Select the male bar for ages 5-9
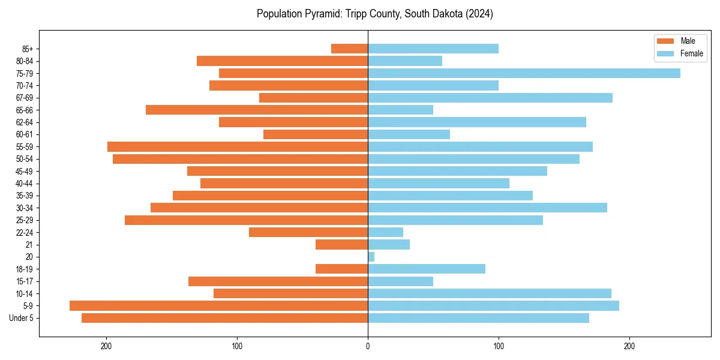[x=218, y=305]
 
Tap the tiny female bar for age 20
[x=371, y=257]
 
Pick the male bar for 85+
[x=349, y=49]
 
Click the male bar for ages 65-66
[x=257, y=110]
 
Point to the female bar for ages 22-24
[x=385, y=232]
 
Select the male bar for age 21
[x=341, y=244]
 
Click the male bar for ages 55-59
[x=238, y=146]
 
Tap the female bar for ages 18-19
[x=426, y=269]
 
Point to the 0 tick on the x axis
[x=368, y=346]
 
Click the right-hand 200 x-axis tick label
[x=629, y=346]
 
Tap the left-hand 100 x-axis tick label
[x=237, y=346]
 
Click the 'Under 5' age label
[x=21, y=318]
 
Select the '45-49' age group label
[x=24, y=171]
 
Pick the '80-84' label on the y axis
[x=24, y=61]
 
